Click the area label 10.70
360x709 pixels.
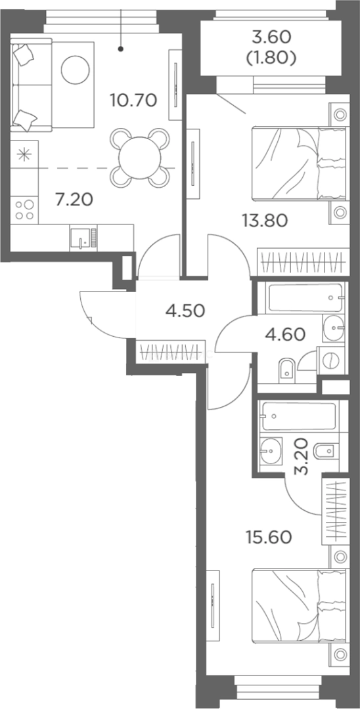point(134,99)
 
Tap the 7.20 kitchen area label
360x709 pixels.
point(74,198)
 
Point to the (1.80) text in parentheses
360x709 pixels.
point(271,58)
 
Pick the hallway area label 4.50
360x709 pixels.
point(185,311)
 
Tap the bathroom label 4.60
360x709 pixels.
point(286,335)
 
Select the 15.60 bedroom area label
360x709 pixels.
point(269,538)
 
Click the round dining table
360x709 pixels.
point(140,158)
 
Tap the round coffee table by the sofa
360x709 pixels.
point(75,70)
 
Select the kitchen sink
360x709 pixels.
point(83,238)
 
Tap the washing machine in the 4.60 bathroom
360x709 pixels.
point(332,360)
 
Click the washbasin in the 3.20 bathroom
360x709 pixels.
point(271,450)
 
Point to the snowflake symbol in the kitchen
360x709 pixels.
point(24,155)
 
